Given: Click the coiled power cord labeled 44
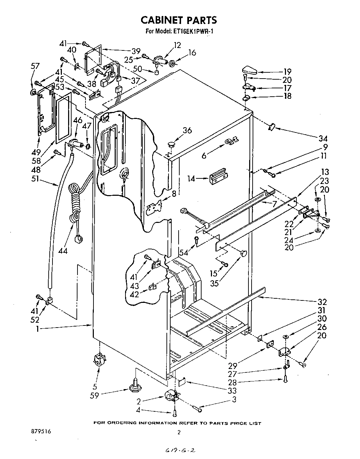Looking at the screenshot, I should (74, 205).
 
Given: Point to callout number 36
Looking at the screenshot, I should (187, 131).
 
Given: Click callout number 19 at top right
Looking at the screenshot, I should (287, 72).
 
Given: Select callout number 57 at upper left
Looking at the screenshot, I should (35, 66).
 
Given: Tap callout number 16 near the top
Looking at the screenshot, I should (192, 53).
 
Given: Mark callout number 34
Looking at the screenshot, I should (324, 138).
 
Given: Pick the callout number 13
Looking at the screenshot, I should (325, 172).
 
